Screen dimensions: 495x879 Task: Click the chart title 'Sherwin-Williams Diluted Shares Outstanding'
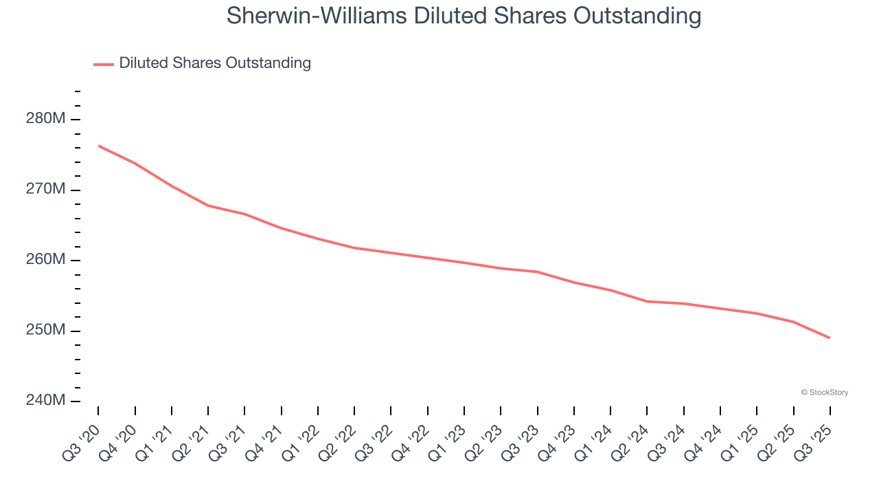point(464,16)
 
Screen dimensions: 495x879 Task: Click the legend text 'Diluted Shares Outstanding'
point(215,63)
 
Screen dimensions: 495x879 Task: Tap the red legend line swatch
point(104,64)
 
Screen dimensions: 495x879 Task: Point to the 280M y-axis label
point(45,119)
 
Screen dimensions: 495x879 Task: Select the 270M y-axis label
point(45,189)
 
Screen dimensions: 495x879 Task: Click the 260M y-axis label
point(45,260)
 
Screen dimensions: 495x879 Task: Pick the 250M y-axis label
point(45,331)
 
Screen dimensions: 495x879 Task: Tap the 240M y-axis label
point(45,401)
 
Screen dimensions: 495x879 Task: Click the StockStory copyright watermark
point(824,393)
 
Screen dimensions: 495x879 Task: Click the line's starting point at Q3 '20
point(99,146)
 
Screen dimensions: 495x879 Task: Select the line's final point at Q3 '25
point(830,338)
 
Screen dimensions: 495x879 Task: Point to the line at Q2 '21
point(208,206)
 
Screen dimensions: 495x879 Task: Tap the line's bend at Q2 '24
point(647,301)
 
